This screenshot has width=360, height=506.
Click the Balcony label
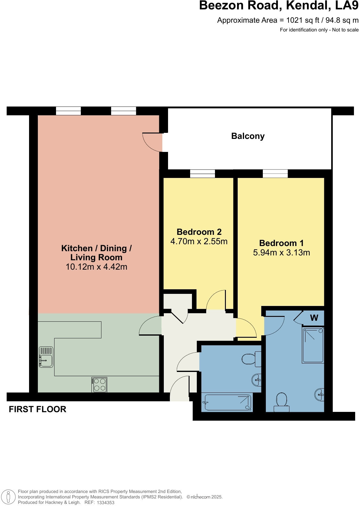tap(248, 136)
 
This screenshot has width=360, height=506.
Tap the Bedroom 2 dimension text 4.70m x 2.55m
tap(199, 241)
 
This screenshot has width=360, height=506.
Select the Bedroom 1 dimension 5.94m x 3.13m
tap(281, 253)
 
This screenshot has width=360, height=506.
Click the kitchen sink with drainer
tap(46, 357)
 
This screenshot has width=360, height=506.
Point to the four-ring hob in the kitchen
tap(99, 385)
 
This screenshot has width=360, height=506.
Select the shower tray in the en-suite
tap(313, 345)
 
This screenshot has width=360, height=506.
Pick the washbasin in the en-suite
tap(320, 395)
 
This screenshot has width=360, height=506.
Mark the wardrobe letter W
tap(314, 318)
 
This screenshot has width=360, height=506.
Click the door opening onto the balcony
tap(153, 142)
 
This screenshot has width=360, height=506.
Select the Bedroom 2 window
tap(203, 173)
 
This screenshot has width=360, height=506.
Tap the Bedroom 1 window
tap(275, 173)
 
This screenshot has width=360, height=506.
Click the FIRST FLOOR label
tap(38, 409)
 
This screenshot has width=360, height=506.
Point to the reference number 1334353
tap(105, 502)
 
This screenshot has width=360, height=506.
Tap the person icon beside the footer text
tap(8, 497)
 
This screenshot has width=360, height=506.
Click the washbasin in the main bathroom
tap(257, 380)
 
